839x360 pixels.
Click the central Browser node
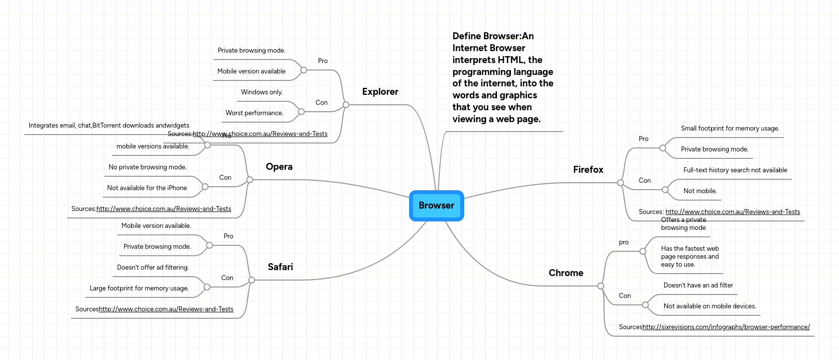(436, 206)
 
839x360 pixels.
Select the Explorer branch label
(380, 92)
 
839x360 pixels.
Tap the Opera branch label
(279, 167)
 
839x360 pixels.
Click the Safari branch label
(280, 267)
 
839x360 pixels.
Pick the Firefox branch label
(588, 170)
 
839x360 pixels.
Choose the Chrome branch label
(566, 273)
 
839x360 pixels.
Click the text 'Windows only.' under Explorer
(262, 92)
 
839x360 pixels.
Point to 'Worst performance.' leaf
(254, 113)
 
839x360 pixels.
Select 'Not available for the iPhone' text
(147, 188)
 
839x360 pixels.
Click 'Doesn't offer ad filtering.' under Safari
(153, 268)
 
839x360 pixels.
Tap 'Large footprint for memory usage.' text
(139, 288)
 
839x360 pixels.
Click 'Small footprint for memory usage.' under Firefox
(730, 129)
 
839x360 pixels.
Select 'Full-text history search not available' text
(735, 170)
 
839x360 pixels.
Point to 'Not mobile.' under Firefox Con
(700, 191)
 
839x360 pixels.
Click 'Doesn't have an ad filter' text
(698, 286)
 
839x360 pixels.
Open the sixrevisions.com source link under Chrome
(726, 327)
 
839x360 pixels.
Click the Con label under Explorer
(322, 103)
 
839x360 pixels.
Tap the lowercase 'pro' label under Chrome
(624, 242)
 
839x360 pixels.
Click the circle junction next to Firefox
(621, 183)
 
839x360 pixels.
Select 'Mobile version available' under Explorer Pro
(251, 72)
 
